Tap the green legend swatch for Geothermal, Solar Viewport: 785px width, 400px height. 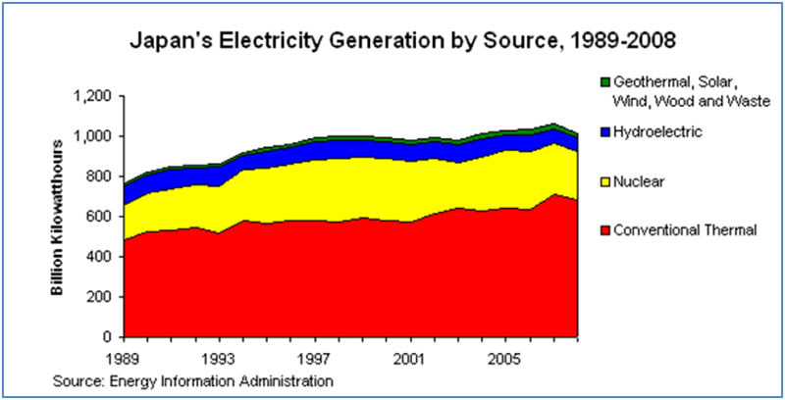point(604,80)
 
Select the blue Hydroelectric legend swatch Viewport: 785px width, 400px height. point(604,129)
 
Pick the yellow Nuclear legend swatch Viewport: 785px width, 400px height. point(604,180)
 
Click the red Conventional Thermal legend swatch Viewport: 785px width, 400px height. point(604,230)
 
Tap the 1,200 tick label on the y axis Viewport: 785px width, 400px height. point(93,96)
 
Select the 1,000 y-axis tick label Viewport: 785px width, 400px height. point(93,136)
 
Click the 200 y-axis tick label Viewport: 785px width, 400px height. point(100,296)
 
